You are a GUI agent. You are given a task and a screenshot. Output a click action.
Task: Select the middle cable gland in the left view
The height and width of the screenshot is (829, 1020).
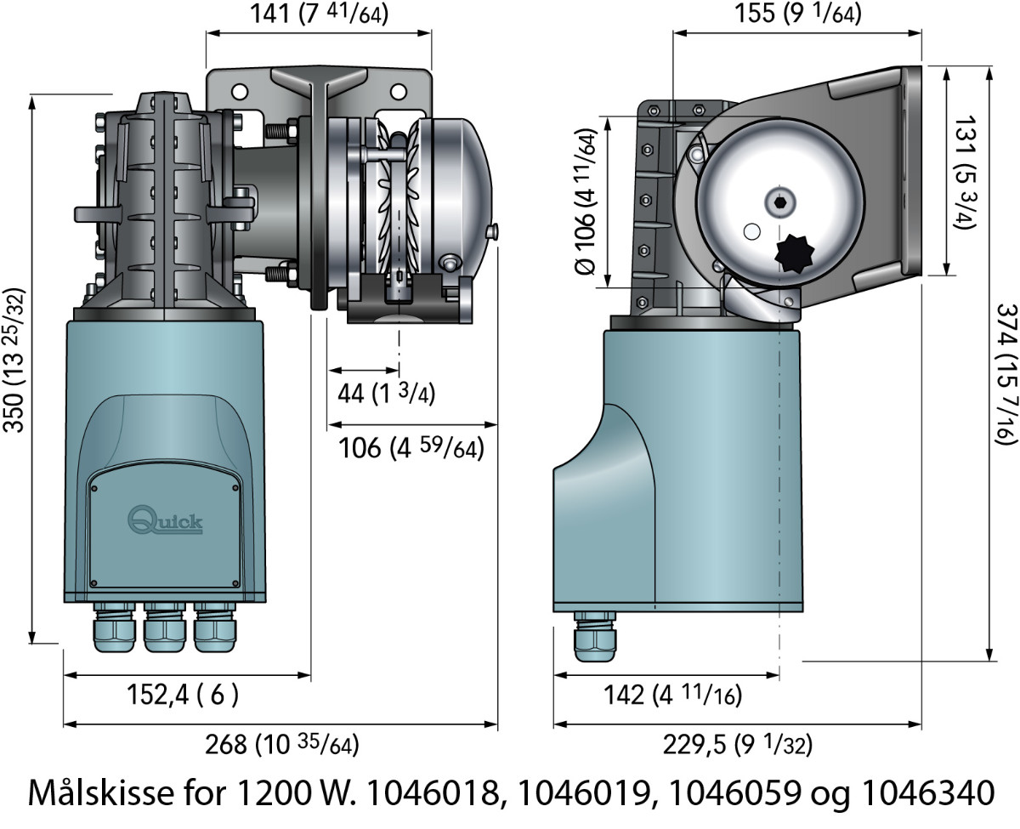165,631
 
